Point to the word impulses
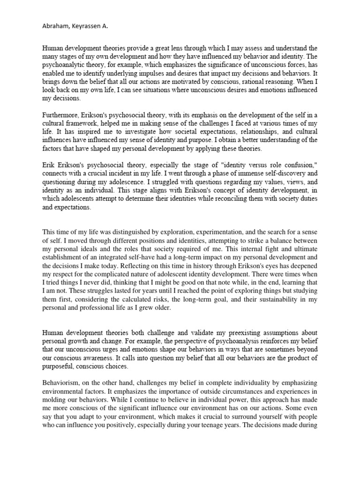pyautogui.click(x=157, y=73)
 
